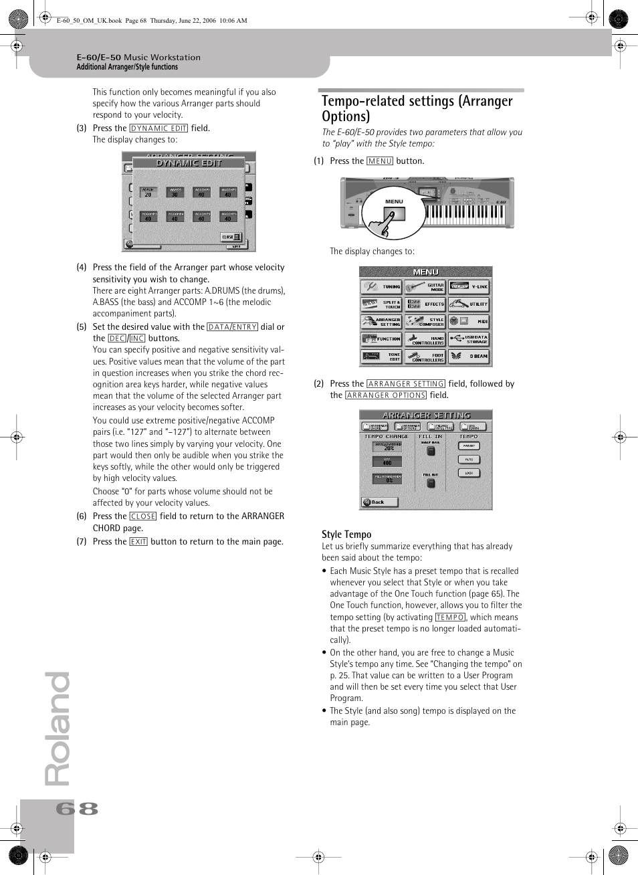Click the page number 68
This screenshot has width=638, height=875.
(x=77, y=809)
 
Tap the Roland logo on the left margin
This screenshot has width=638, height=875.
(x=58, y=728)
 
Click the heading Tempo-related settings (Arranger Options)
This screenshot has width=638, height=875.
(x=417, y=108)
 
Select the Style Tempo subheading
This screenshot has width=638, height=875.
(x=346, y=534)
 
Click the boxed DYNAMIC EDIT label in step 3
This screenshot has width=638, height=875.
(x=158, y=128)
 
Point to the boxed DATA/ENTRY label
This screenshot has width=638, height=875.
(x=232, y=327)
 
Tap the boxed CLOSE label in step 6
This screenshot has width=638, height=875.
(x=143, y=516)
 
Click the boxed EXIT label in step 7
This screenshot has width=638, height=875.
(x=138, y=542)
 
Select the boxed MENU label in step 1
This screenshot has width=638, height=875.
(x=380, y=161)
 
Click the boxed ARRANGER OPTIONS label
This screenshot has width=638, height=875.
(x=386, y=395)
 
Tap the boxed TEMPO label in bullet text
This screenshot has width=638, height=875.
(x=450, y=617)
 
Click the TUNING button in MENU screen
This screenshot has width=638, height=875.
(x=381, y=287)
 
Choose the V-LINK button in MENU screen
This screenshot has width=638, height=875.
(x=469, y=287)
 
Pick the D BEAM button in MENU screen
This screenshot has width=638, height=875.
(x=469, y=357)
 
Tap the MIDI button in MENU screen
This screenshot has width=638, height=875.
(x=469, y=322)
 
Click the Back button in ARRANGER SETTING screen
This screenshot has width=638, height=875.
(x=379, y=502)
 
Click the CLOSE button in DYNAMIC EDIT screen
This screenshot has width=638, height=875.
(x=231, y=237)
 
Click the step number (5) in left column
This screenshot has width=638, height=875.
(x=82, y=327)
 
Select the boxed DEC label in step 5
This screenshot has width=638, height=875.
(x=117, y=338)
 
